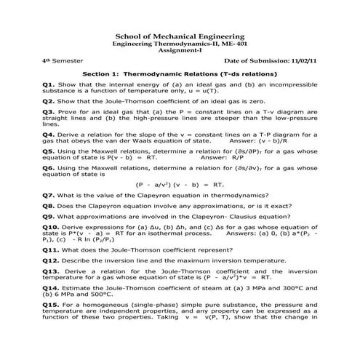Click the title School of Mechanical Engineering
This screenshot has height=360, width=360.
point(179,37)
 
